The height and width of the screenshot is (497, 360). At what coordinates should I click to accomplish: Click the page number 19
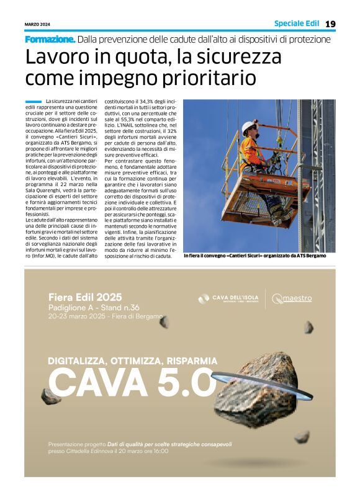330,24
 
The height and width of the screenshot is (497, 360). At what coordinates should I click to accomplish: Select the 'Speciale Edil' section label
296,24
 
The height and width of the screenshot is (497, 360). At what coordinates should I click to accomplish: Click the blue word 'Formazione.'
50,39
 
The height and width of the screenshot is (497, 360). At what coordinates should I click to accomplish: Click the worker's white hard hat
249,127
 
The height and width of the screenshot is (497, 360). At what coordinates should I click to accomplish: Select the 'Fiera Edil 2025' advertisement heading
85,297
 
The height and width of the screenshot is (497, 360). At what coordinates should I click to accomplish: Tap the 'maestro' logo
292,298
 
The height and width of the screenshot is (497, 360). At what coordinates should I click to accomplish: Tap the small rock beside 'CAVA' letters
50,396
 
